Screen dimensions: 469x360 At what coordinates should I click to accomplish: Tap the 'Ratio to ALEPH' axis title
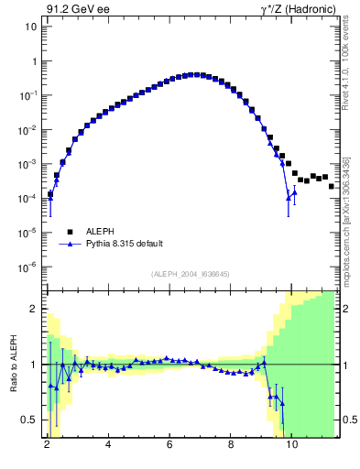14,364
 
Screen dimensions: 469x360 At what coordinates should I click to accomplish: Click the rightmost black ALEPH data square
332,186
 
